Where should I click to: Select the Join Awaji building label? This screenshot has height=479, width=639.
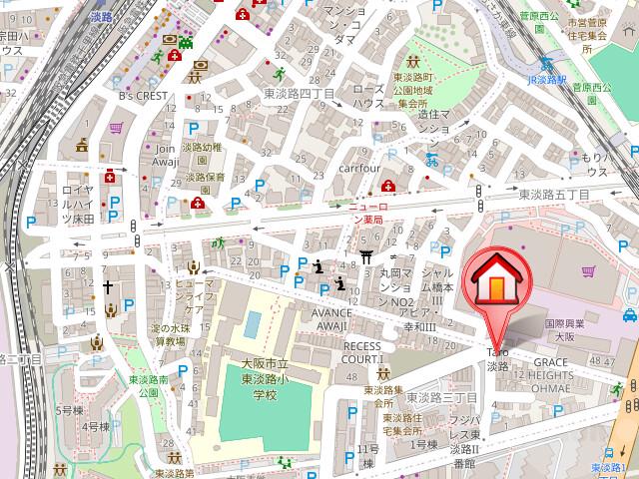point(166,156)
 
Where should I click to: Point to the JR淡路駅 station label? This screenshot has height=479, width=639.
point(546,78)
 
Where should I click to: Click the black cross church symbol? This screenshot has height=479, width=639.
point(107,286)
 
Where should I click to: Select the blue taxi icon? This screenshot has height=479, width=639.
point(629,316)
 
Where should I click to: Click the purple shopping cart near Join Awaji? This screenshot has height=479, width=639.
point(117,128)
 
